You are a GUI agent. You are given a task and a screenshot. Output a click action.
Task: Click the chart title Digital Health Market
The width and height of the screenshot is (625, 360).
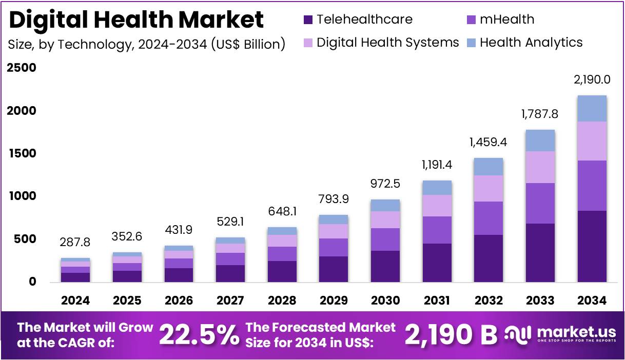click(136, 20)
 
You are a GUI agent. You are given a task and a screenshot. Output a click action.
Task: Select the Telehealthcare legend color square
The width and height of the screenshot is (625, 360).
click(308, 20)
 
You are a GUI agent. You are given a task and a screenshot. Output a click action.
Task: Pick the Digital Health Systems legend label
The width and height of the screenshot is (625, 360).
click(387, 42)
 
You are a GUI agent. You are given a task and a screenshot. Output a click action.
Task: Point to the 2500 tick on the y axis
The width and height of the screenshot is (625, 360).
click(22, 68)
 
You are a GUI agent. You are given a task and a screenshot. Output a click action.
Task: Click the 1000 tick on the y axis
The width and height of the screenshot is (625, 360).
click(22, 196)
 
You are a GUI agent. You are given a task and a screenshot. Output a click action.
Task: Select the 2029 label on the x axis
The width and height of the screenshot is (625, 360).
click(334, 300)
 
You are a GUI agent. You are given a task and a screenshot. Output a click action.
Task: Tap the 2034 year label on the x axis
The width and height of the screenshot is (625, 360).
click(592, 300)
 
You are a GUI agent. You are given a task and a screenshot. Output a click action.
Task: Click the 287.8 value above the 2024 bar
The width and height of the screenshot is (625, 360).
click(75, 242)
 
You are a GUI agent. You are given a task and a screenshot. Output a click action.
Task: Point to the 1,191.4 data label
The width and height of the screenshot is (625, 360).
click(437, 165)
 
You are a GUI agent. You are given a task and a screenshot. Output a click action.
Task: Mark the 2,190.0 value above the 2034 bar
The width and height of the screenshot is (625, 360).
click(592, 79)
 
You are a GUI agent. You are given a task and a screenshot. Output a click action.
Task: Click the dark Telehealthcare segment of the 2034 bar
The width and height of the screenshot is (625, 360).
click(592, 246)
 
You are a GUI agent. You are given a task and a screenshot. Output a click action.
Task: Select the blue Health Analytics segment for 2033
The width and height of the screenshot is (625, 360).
click(540, 141)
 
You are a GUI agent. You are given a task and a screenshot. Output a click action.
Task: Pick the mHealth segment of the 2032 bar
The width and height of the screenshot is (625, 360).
click(489, 218)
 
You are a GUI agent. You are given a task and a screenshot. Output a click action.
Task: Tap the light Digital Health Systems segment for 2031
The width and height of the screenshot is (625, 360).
click(437, 206)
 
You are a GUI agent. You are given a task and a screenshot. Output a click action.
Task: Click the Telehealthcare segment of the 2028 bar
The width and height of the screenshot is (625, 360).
click(282, 271)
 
